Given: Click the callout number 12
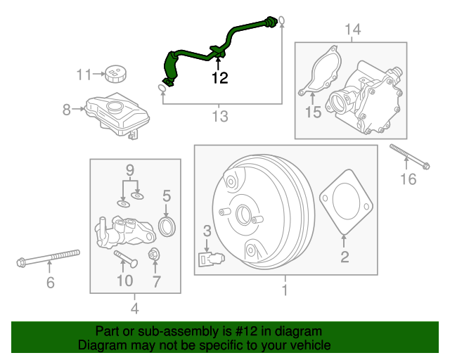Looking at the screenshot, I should [220, 78].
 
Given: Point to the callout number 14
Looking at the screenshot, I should [352, 29].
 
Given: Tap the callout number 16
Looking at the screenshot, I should [408, 179].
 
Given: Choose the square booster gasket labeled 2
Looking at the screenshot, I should [344, 204].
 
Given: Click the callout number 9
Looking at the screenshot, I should [129, 169].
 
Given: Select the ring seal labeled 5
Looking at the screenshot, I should [167, 226].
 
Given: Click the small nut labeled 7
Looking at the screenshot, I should [154, 255].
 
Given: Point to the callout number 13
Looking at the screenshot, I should [220, 116].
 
